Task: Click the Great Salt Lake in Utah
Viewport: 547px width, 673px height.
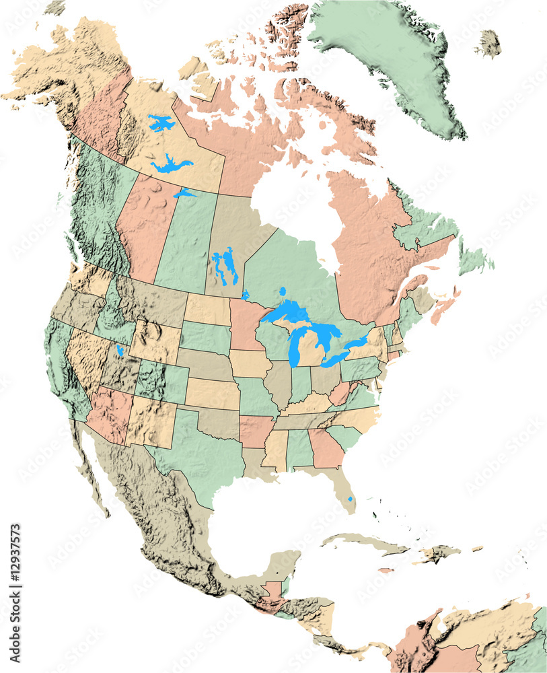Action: point(120,351)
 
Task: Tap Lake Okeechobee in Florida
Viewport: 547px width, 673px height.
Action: point(350,499)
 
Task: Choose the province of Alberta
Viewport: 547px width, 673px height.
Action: point(145,229)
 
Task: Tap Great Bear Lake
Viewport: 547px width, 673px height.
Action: point(160,123)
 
